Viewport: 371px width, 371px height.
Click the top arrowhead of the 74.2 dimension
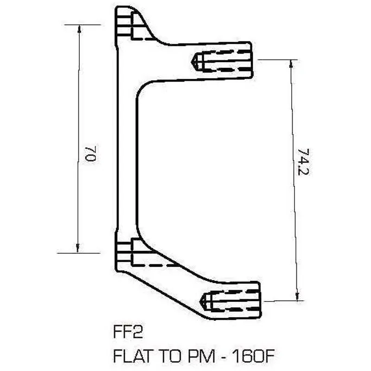pyautogui.click(x=291, y=64)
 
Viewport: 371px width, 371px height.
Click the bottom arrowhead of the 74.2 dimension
pyautogui.click(x=295, y=297)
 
